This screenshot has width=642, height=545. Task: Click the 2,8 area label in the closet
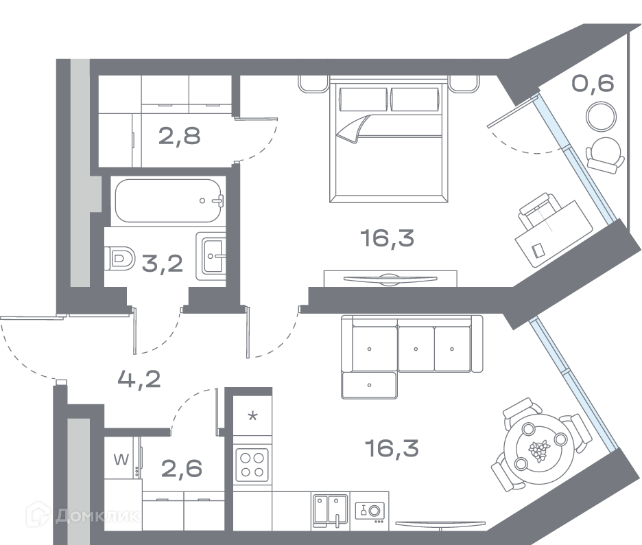179,136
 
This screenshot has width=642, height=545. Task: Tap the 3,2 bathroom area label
162,263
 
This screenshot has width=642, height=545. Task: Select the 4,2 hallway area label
139,380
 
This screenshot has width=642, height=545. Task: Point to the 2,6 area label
181,468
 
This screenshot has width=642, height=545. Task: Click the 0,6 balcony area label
593,84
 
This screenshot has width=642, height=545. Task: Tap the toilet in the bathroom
119,258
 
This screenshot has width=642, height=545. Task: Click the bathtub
169,201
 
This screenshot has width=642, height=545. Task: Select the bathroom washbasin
211,257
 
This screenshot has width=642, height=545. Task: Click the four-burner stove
252,465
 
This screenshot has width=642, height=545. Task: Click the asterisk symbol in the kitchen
252,417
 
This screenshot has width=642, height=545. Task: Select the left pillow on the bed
364,99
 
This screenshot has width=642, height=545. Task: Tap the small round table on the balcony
601,116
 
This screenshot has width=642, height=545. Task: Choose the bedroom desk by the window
554,233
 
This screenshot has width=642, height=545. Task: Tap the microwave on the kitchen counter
370,511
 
